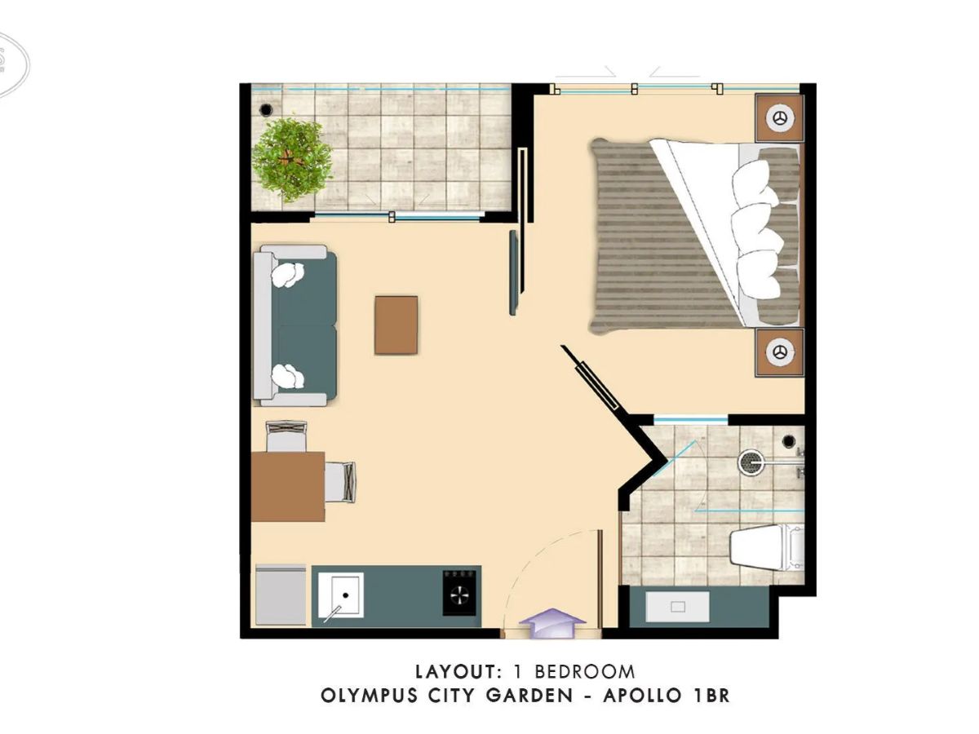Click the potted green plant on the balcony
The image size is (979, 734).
point(292,161)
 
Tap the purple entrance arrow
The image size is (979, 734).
point(552,623)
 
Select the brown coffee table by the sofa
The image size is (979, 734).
point(396,325)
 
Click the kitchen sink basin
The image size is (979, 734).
point(341,595)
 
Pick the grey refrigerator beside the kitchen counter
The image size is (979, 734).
point(281,595)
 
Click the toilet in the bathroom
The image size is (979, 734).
point(766,547)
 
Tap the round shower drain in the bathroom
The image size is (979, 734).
point(749,462)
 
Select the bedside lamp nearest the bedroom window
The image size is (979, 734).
point(780,117)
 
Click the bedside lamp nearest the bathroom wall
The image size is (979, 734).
point(780,352)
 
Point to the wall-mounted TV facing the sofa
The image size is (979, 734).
point(514,272)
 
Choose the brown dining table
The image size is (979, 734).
point(288,487)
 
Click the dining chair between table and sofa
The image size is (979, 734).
point(286,436)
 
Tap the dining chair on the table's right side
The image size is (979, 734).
point(340,481)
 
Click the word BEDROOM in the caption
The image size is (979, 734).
point(585,671)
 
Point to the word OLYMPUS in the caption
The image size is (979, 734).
point(362,695)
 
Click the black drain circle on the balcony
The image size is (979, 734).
point(266,108)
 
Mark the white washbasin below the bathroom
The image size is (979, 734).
point(677,607)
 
